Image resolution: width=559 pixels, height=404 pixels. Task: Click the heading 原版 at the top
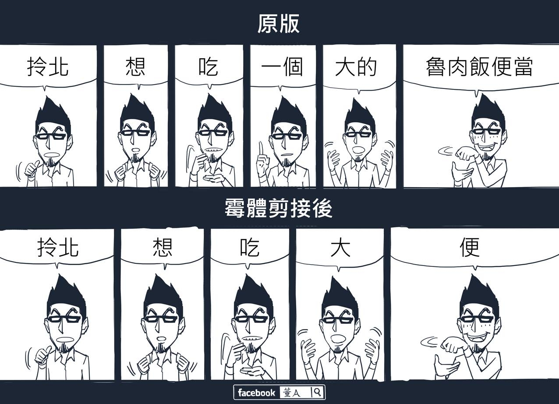pyautogui.click(x=278, y=24)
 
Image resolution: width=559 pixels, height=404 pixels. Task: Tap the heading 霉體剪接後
pyautogui.click(x=278, y=209)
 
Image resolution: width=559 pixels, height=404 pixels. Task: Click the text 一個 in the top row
pyautogui.click(x=282, y=67)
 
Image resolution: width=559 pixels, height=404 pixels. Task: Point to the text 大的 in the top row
pyautogui.click(x=356, y=67)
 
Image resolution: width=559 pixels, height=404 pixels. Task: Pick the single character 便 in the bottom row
pyautogui.click(x=470, y=247)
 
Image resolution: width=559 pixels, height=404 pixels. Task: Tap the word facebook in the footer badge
pyautogui.click(x=256, y=393)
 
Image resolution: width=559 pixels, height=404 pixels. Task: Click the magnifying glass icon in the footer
pyautogui.click(x=317, y=393)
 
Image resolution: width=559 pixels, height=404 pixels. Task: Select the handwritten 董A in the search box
pyautogui.click(x=291, y=393)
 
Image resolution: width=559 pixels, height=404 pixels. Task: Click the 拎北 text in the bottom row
pyautogui.click(x=58, y=247)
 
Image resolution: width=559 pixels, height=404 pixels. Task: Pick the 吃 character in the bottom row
pyautogui.click(x=250, y=247)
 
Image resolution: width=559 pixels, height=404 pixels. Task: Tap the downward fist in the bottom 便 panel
pyautogui.click(x=452, y=345)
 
